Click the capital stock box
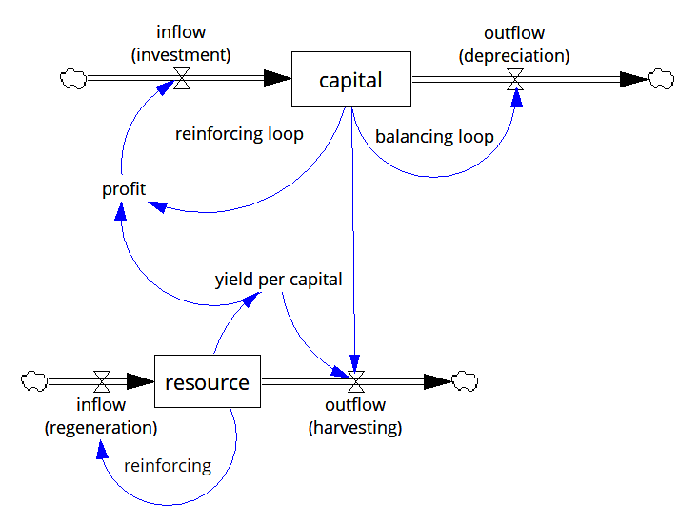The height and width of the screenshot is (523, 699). coord(350,80)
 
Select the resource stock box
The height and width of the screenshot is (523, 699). coord(207,382)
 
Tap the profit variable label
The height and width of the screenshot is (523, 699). coord(124,189)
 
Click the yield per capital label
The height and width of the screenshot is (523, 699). coord(278,280)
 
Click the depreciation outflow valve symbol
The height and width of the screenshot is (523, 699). coord(515,80)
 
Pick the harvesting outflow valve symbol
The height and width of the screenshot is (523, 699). coord(356,382)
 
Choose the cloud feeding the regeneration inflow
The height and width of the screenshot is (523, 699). coord(33,382)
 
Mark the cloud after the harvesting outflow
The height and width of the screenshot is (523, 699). coord(465,382)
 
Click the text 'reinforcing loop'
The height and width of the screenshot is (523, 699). coord(239,134)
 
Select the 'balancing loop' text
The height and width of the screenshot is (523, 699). coord(434,137)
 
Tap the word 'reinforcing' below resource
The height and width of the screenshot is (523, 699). coord(168,466)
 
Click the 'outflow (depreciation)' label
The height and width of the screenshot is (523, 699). coord(514,46)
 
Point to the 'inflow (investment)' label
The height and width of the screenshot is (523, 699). coord(181,46)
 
